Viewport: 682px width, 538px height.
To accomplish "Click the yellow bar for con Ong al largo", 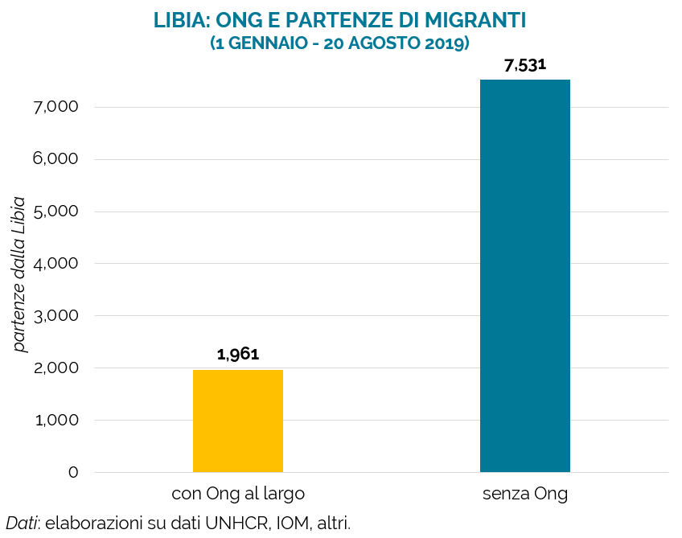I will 238,421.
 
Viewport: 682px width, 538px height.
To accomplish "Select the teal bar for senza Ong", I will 525,276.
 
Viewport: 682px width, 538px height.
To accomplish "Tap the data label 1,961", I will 238,354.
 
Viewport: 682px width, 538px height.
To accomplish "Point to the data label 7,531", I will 525,65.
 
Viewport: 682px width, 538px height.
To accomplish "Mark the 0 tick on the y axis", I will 73,472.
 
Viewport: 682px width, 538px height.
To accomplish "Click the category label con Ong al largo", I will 238,494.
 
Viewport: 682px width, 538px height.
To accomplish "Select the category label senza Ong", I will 525,494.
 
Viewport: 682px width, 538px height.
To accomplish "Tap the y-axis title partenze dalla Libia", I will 20,274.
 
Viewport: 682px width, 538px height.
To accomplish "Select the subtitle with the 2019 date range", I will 339,43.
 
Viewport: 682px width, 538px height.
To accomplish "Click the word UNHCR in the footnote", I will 238,523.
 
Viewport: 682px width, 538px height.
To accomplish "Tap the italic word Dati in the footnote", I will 22,523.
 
